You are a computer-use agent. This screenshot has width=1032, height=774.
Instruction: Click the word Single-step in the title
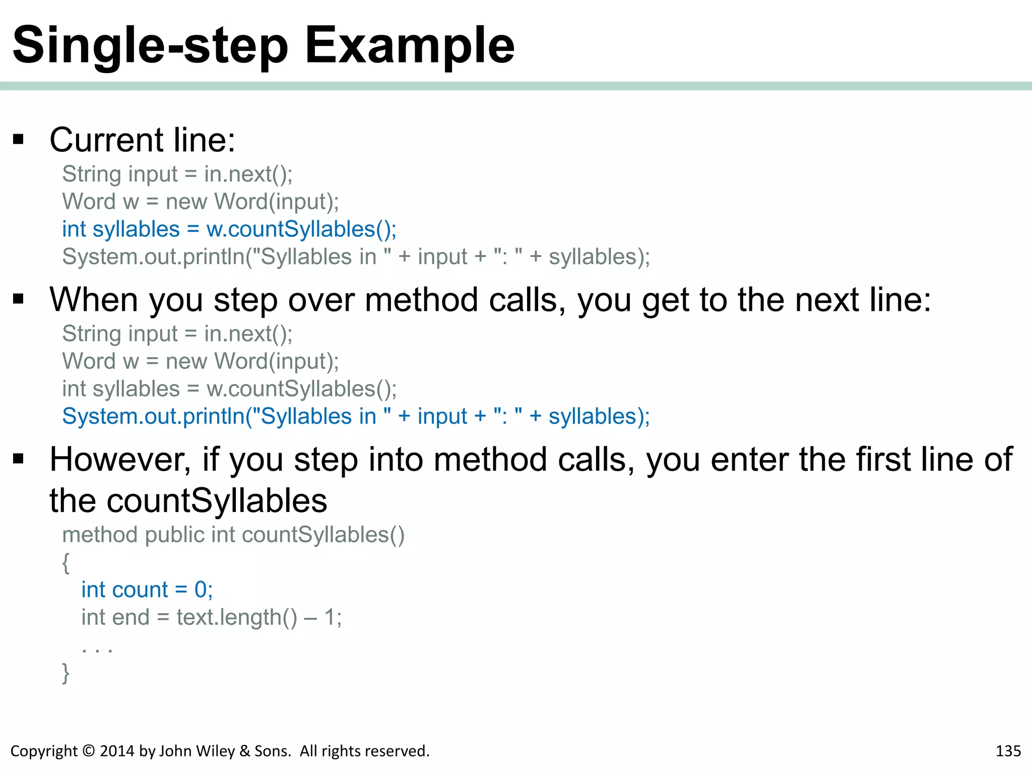(150, 46)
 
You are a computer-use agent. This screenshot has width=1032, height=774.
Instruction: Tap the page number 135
(1008, 751)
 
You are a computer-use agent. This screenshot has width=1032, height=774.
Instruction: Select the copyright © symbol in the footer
(88, 751)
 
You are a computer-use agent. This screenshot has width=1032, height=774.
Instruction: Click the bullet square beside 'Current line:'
(19, 140)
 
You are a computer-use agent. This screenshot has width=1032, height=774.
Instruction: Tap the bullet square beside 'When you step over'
(19, 299)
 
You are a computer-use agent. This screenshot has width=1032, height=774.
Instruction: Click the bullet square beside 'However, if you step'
(19, 459)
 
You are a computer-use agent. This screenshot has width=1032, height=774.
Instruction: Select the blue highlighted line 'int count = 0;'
(147, 590)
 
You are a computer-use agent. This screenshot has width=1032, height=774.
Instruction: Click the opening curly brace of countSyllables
(66, 563)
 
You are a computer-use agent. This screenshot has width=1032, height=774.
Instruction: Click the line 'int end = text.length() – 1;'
(212, 617)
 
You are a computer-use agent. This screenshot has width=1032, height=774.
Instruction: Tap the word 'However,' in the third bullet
(120, 460)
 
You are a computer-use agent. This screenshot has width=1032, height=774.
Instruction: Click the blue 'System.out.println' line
(356, 417)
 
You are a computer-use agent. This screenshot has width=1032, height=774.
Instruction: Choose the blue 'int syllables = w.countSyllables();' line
(229, 229)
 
